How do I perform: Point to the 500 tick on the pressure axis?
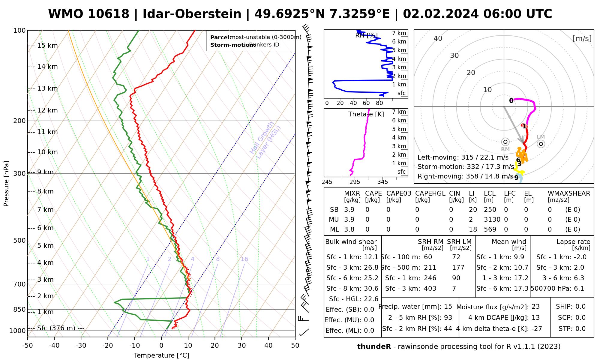(x=20, y=240)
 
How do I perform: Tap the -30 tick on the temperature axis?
(x=81, y=346)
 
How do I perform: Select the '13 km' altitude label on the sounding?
(x=47, y=88)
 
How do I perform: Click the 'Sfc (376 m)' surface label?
(x=56, y=328)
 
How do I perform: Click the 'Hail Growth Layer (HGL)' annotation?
(x=265, y=140)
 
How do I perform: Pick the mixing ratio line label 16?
(x=244, y=259)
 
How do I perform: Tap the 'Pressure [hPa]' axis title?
(x=6, y=184)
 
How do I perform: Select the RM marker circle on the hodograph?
(x=505, y=142)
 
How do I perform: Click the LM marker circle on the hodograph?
(x=541, y=144)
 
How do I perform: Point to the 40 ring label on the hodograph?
(x=438, y=38)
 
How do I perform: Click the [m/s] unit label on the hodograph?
(x=582, y=38)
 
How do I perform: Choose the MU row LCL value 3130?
(x=492, y=220)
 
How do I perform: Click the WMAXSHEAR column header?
(x=569, y=193)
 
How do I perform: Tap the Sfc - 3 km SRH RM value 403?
(x=430, y=289)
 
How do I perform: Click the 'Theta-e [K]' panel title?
(x=366, y=114)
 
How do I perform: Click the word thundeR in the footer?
(x=374, y=347)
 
